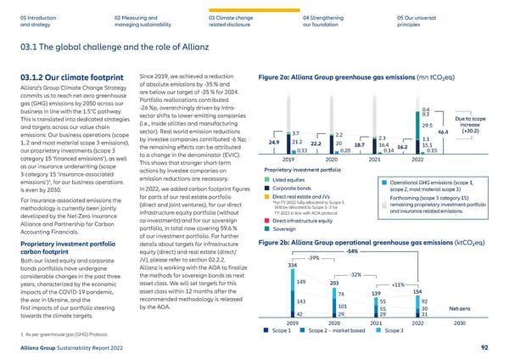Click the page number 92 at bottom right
pos(484,347)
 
